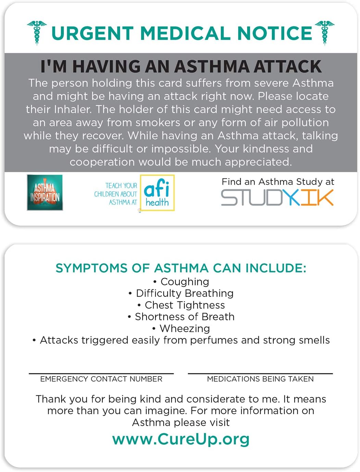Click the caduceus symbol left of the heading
(x=37, y=33)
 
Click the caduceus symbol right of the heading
(x=324, y=33)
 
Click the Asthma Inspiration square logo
(x=45, y=192)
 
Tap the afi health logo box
(x=157, y=193)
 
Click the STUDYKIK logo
(x=277, y=198)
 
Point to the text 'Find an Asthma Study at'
(x=278, y=182)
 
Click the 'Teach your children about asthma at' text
(x=116, y=194)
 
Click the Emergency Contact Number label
(x=101, y=379)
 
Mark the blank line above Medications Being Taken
(x=260, y=373)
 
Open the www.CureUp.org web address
(x=181, y=439)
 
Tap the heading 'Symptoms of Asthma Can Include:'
(x=181, y=268)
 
